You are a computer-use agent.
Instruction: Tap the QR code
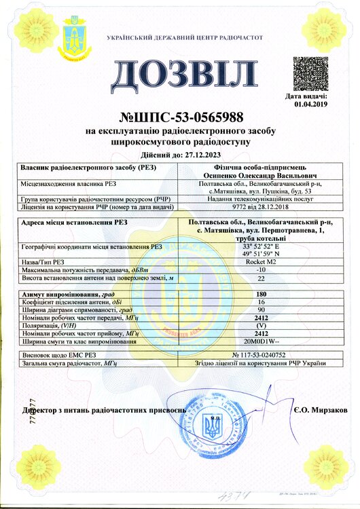[311, 74]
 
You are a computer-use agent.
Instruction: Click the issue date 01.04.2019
[311, 105]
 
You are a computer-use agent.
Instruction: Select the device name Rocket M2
[262, 260]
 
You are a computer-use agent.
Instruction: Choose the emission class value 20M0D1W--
[262, 341]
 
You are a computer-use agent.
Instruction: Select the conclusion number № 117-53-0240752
[262, 355]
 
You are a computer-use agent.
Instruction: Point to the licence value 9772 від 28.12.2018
[262, 206]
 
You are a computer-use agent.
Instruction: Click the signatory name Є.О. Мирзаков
[321, 411]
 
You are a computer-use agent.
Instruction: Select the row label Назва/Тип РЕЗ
[44, 260]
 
